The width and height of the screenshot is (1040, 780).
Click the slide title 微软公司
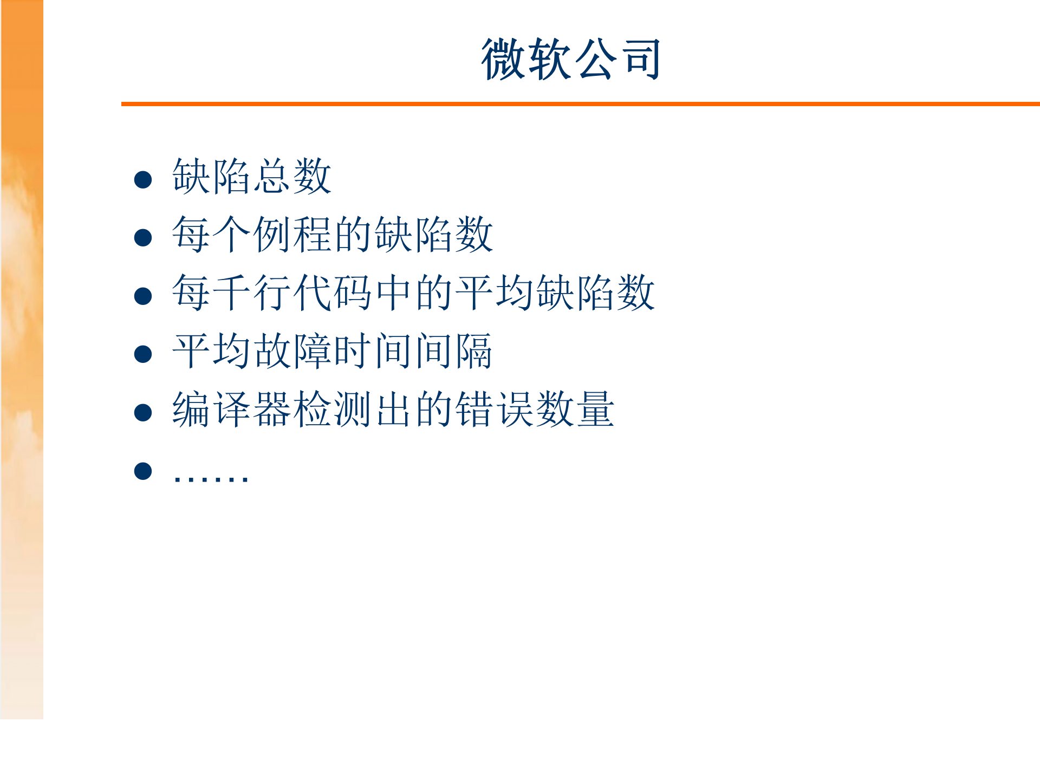tap(571, 60)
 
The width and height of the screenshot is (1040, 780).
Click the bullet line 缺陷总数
tap(252, 177)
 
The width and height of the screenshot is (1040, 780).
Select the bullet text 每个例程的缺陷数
tap(333, 235)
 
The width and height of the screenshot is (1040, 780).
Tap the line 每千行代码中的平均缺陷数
tap(413, 292)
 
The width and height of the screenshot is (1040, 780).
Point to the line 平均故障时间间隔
tap(333, 351)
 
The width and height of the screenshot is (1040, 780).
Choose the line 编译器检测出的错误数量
tap(393, 409)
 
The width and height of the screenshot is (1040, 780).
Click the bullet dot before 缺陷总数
tap(143, 180)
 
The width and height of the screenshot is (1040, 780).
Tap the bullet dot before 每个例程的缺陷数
tap(143, 238)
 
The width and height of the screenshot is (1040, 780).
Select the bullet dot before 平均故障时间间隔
tap(143, 354)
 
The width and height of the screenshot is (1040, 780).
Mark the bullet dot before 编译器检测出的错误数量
tap(143, 413)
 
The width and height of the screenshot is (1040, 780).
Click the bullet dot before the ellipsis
tap(143, 471)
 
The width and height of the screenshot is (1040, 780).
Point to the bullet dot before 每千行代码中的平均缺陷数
tap(143, 296)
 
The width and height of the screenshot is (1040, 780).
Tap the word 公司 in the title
tap(617, 60)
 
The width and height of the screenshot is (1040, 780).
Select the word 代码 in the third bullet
tap(333, 292)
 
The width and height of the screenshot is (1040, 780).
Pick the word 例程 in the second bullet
tap(292, 235)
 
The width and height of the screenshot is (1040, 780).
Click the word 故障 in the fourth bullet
tap(292, 351)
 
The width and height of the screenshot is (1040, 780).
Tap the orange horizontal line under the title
tap(580, 103)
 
